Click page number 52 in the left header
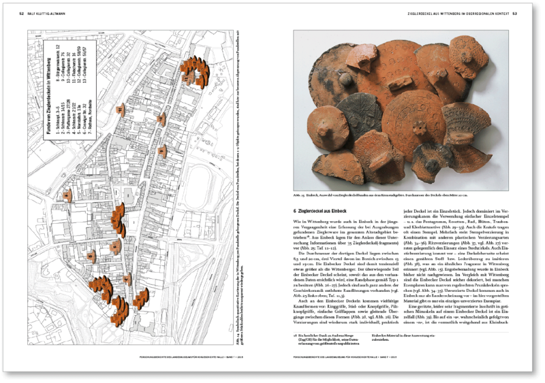pyautogui.click(x=21, y=13)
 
